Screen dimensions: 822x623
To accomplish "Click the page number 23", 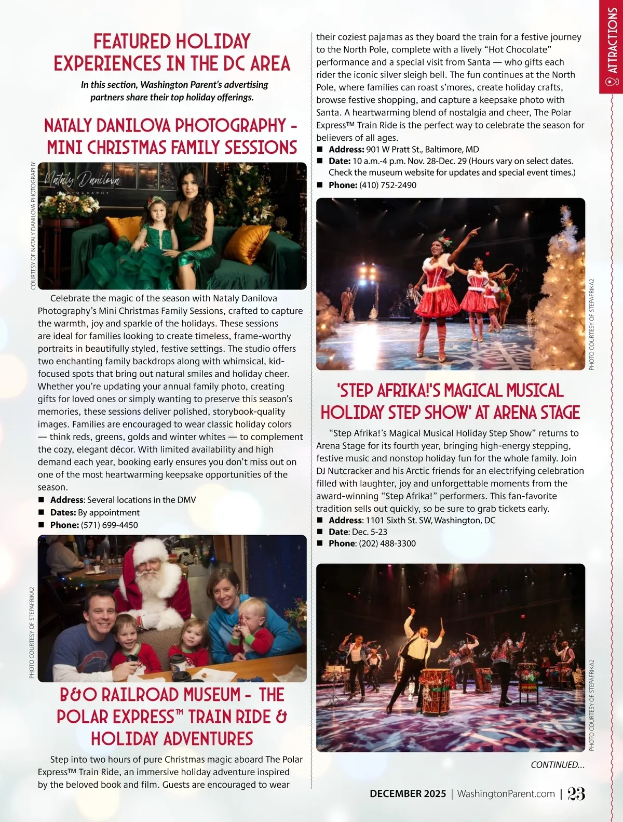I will coord(576,793).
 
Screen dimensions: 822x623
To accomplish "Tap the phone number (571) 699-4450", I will coord(110,525).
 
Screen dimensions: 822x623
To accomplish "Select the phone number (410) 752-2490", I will coord(388,185).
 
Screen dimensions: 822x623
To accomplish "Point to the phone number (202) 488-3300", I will coord(387,543).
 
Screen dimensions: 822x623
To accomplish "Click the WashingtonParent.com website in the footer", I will coord(506,794).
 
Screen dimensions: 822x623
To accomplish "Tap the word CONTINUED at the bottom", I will coord(557,765).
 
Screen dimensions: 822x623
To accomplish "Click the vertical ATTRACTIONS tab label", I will coord(613,42).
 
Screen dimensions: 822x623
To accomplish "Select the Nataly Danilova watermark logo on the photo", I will coord(82,181).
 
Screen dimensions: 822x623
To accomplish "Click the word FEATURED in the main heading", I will coord(131,42).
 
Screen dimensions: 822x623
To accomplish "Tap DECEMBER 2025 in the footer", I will coord(408,794).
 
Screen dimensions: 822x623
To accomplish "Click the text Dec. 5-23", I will coord(369,532).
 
